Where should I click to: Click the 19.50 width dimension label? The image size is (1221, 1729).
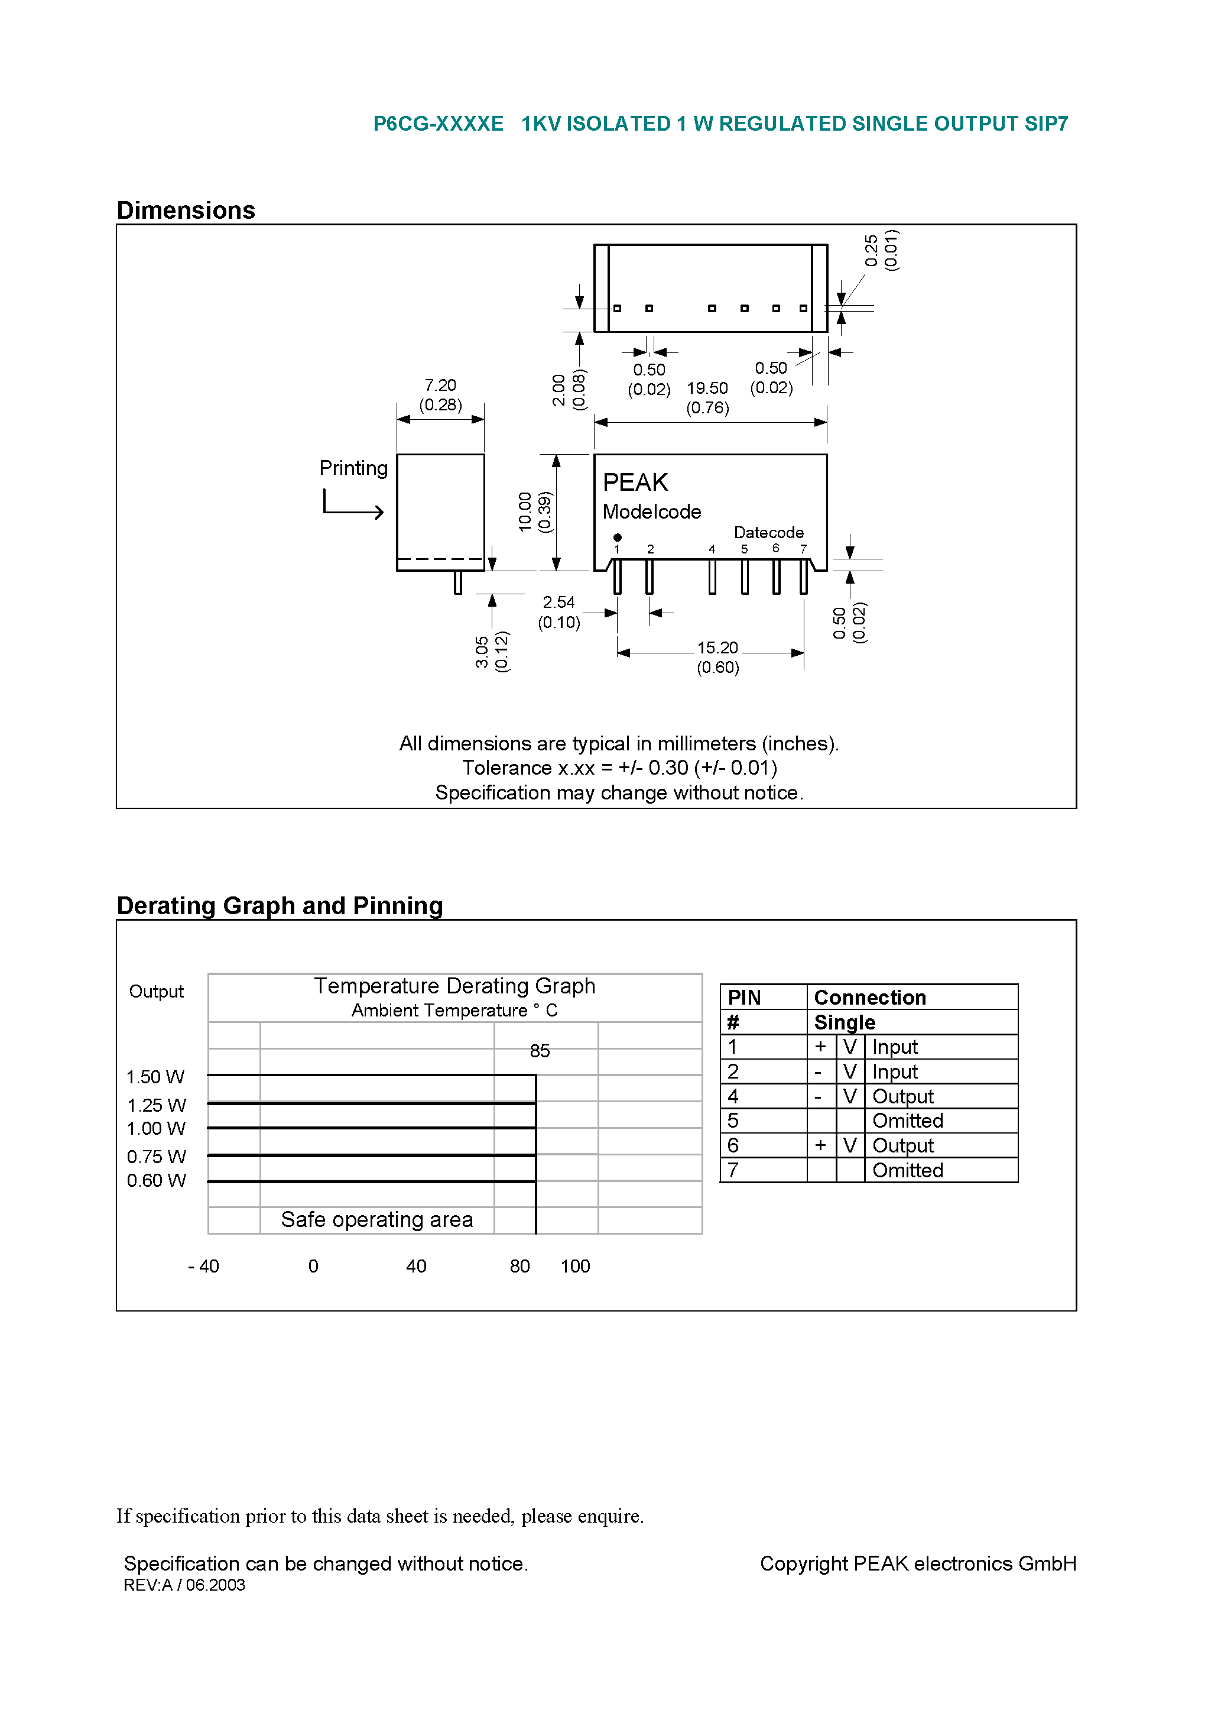click(707, 388)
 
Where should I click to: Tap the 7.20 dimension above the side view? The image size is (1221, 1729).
click(440, 386)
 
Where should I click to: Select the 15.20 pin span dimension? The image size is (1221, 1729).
click(717, 648)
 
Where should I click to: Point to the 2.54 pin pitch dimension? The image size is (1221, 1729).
click(558, 603)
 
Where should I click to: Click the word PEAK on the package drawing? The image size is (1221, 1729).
click(635, 483)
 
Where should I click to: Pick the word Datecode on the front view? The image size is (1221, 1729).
click(768, 532)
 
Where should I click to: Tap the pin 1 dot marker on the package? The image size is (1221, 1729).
click(617, 538)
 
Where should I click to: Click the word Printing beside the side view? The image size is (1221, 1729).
click(353, 468)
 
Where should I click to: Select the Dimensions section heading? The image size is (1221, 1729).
click(186, 210)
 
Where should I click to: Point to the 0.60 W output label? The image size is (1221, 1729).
click(156, 1181)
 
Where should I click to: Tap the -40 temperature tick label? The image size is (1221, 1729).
click(203, 1267)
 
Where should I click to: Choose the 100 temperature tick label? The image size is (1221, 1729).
click(575, 1267)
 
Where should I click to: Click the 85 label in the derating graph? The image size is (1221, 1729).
click(540, 1051)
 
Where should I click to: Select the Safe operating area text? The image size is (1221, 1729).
click(377, 1220)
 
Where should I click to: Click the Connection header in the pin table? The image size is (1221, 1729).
click(870, 998)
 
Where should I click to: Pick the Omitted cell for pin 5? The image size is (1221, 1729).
click(907, 1121)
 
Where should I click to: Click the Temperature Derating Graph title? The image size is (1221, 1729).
click(454, 986)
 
